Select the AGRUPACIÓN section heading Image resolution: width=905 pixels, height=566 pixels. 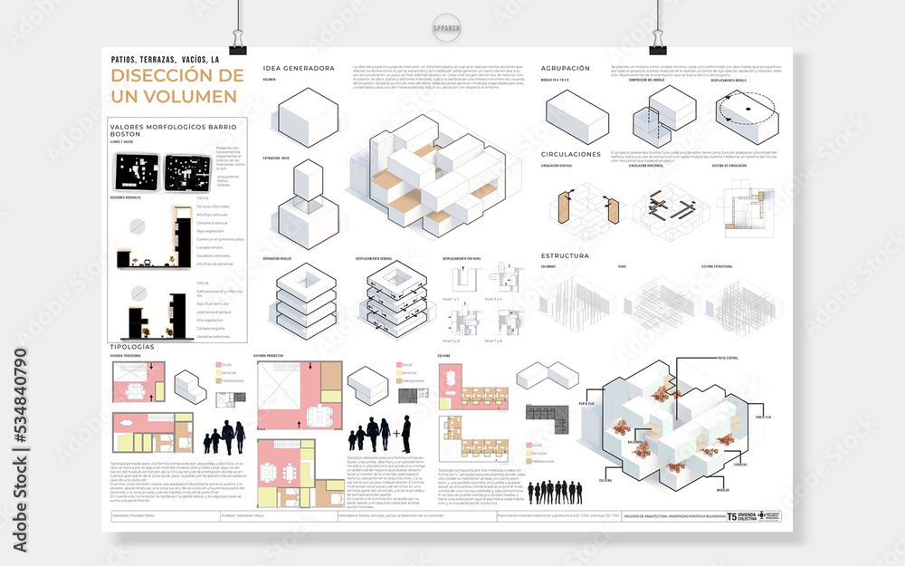point(566,68)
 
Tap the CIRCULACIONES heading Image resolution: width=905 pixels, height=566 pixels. point(571,154)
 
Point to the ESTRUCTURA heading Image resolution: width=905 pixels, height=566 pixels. point(565,256)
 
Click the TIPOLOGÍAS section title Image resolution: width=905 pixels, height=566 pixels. point(131,347)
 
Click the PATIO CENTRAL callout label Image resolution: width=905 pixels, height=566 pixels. point(727,358)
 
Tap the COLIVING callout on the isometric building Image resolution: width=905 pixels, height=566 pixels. point(605,481)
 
